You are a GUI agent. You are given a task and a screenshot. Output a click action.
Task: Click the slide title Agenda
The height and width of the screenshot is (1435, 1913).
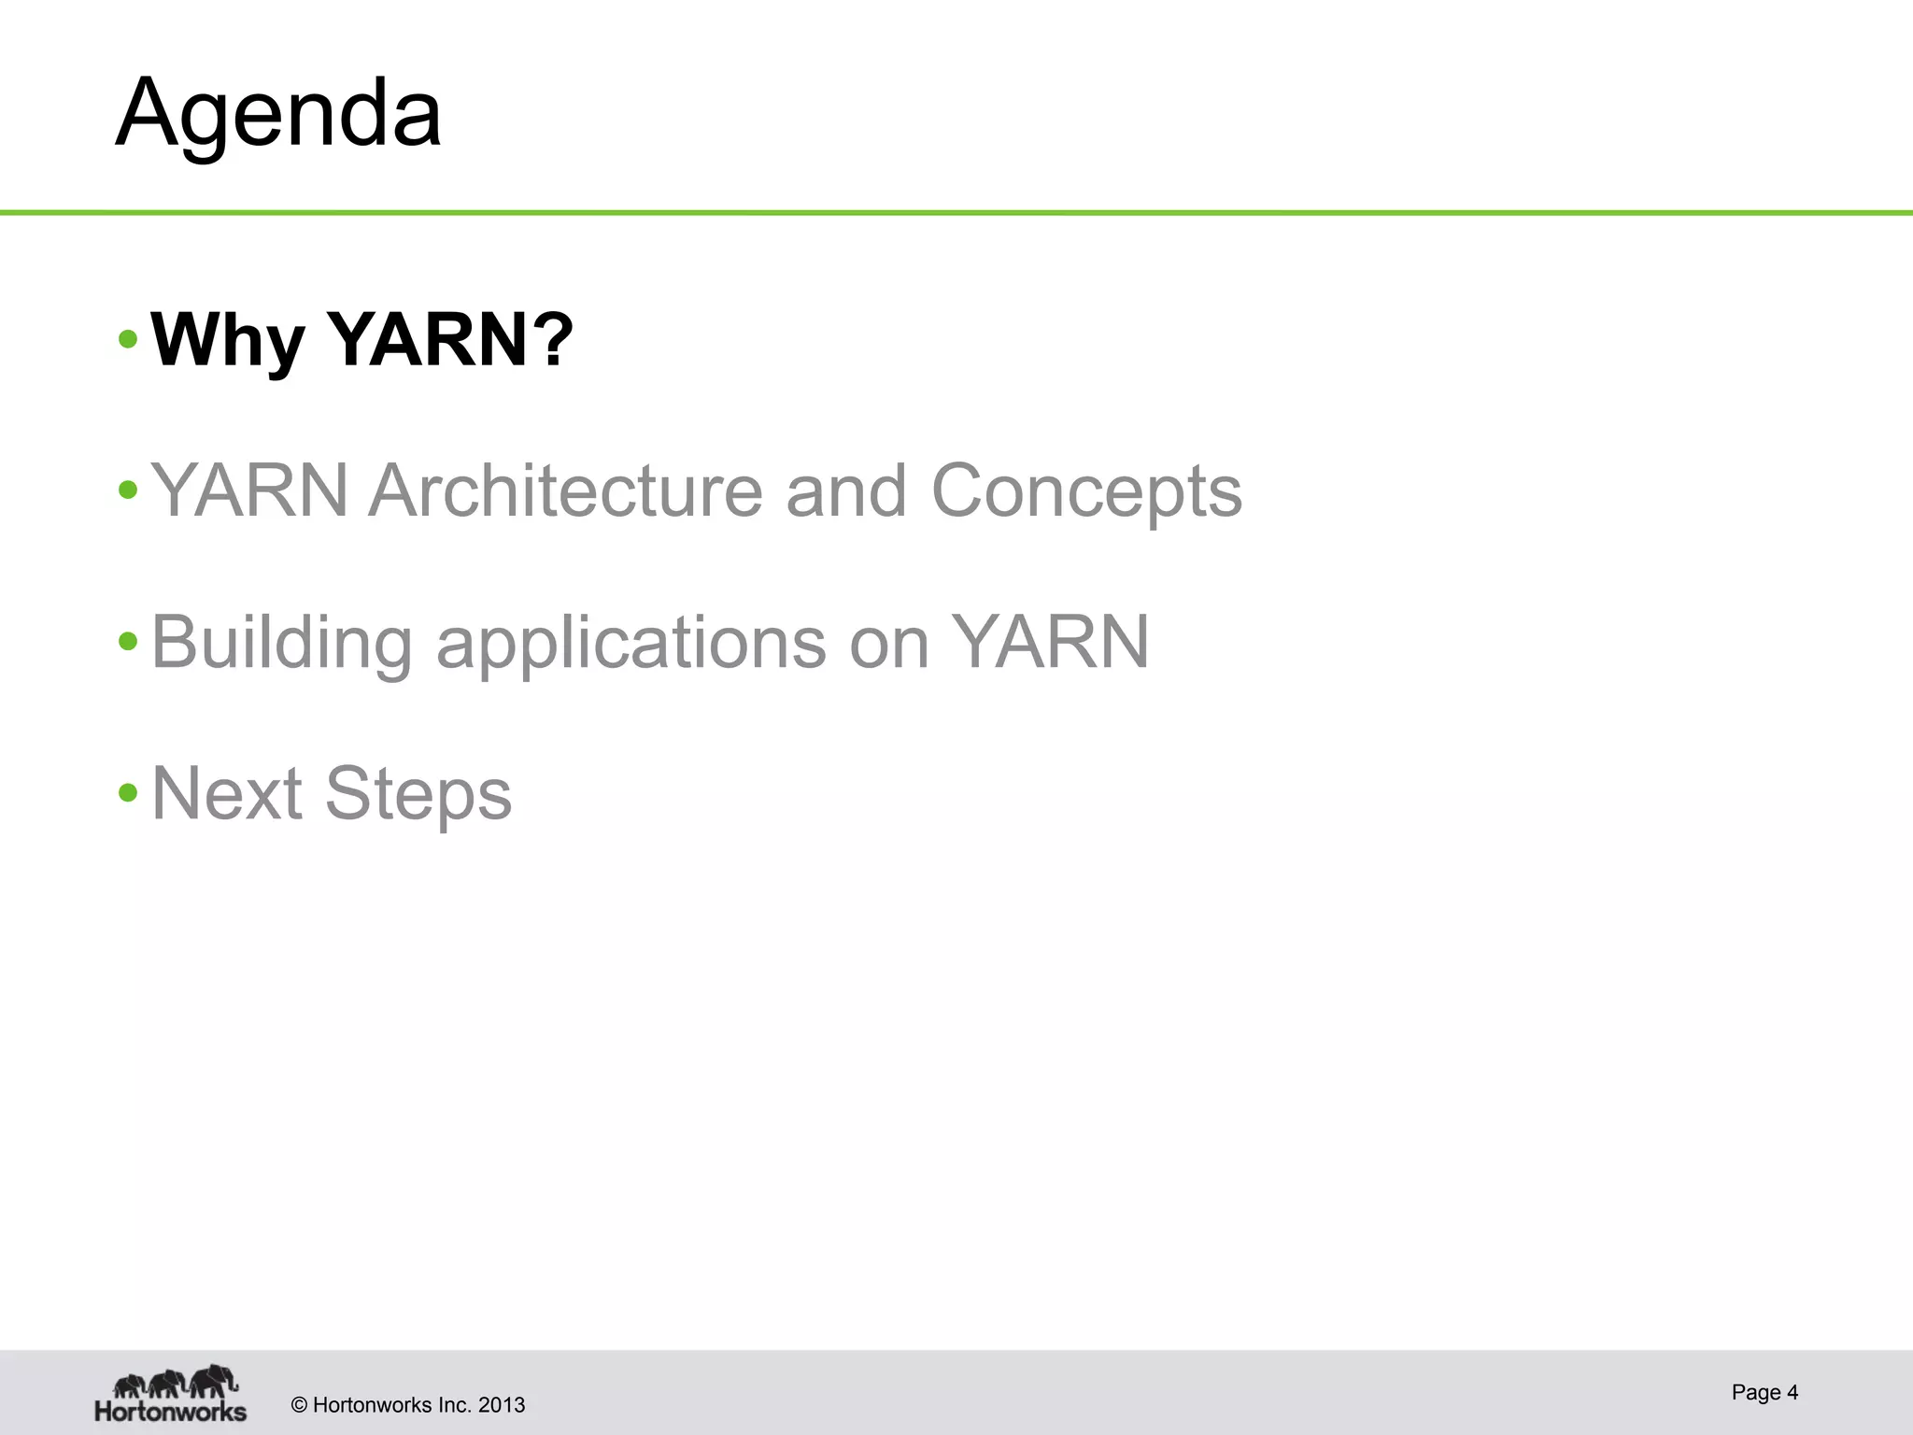(x=278, y=114)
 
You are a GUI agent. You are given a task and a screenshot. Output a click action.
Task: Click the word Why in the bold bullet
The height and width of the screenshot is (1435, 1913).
(x=227, y=341)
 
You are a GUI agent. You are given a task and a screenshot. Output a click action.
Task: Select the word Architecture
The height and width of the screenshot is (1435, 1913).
(x=565, y=490)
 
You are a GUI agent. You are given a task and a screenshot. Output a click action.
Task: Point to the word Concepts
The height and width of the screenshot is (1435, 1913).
(x=1086, y=492)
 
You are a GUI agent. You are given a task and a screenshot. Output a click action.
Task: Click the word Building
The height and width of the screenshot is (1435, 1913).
(x=281, y=644)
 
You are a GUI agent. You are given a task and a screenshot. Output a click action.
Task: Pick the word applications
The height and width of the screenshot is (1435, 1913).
(x=631, y=644)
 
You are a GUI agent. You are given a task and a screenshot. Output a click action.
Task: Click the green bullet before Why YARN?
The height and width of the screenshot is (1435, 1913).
(x=129, y=339)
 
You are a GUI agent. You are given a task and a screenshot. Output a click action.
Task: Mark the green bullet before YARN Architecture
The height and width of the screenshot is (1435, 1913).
(x=129, y=490)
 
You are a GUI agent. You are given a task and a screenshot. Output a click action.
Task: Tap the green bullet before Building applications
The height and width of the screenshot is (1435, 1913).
(x=129, y=642)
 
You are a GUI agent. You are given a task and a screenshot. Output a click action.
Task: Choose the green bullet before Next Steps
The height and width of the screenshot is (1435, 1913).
(x=129, y=793)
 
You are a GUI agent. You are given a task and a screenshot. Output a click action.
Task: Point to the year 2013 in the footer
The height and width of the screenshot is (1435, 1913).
(x=502, y=1405)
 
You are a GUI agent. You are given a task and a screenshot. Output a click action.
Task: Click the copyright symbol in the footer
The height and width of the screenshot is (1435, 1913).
(x=299, y=1405)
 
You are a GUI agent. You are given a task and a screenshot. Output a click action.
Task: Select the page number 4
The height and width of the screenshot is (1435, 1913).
(x=1792, y=1392)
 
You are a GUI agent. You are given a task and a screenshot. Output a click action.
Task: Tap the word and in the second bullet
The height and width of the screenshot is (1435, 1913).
(x=845, y=490)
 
